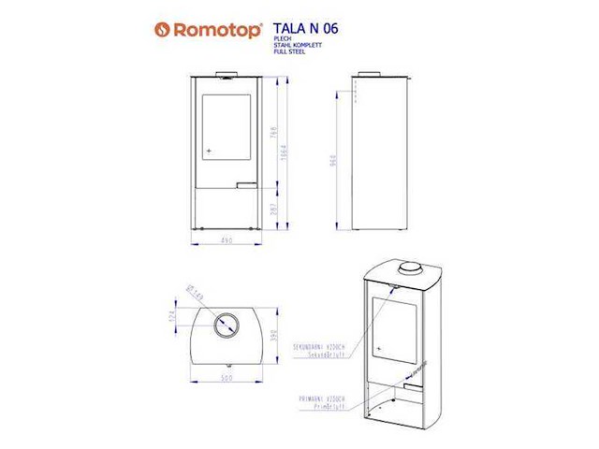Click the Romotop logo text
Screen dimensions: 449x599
tap(207, 29)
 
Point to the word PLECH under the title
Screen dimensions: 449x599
tap(284, 39)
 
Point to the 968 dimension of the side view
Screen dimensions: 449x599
tap(333, 161)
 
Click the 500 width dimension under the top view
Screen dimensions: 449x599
tap(225, 379)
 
